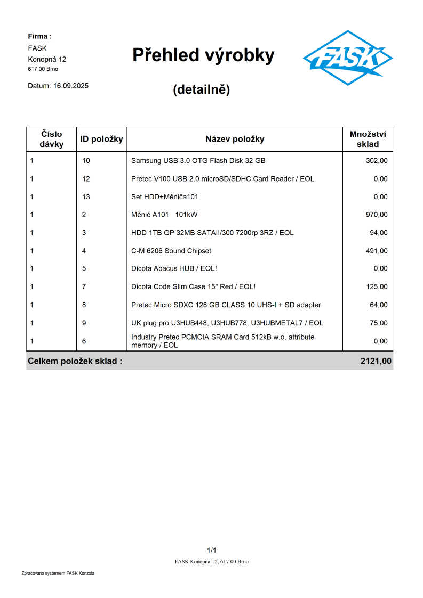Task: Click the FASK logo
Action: point(347,58)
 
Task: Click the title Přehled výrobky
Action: point(203,55)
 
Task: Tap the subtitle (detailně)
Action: point(201,89)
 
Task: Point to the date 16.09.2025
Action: point(71,85)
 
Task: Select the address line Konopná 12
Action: point(47,59)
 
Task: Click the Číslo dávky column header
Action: point(51,139)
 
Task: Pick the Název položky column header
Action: point(235,139)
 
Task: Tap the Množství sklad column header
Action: point(368,139)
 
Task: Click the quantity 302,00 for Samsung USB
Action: point(377,160)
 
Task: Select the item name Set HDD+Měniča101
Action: point(165,196)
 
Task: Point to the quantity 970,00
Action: point(377,215)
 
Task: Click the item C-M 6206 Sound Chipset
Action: point(171,251)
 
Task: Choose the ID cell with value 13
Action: point(86,196)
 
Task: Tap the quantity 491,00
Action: point(377,251)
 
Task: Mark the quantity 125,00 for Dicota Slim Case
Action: point(377,286)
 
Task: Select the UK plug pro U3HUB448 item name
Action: point(227,323)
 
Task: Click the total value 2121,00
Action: point(376,361)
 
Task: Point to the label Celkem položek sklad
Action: point(75,361)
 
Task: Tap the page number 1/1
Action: point(211,550)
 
